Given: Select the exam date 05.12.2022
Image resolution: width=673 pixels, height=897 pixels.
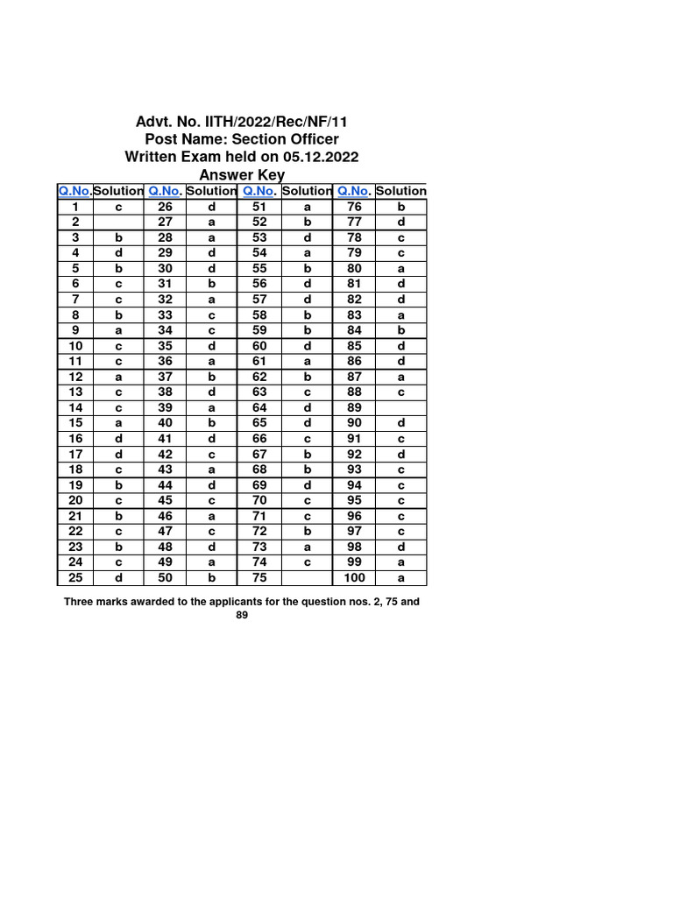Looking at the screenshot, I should click(x=321, y=157).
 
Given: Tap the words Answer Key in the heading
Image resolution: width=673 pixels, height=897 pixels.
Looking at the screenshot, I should click(x=243, y=175).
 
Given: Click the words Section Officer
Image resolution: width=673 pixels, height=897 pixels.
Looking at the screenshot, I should click(x=286, y=139).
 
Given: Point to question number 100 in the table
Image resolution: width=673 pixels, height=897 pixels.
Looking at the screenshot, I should click(x=355, y=578).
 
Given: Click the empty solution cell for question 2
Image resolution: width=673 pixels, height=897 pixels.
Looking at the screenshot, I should click(x=118, y=222).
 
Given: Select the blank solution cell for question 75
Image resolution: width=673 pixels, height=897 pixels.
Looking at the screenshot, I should click(x=308, y=578).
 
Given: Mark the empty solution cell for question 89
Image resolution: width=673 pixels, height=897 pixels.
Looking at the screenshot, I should click(x=400, y=407).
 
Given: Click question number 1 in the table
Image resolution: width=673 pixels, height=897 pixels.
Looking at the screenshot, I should click(x=76, y=207).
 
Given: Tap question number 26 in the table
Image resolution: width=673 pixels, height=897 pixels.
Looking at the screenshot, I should click(x=166, y=207).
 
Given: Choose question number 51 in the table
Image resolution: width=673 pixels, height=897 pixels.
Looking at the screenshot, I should click(x=259, y=207).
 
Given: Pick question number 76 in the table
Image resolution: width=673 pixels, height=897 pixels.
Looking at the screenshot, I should click(x=355, y=207).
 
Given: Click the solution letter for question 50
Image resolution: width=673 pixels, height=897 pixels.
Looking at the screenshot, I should click(x=211, y=578).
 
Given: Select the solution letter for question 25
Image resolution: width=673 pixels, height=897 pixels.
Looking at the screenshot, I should click(x=118, y=578).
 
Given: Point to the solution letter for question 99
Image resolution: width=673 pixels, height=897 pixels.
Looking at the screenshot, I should click(x=400, y=562).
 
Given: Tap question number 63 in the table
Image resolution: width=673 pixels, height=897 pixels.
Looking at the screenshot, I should click(x=259, y=392).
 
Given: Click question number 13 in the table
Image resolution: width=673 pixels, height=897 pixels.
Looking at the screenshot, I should click(x=76, y=392).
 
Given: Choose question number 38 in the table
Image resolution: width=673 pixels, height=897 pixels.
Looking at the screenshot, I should click(x=166, y=392).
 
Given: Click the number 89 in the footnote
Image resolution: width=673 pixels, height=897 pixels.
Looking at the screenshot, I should click(x=242, y=616).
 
